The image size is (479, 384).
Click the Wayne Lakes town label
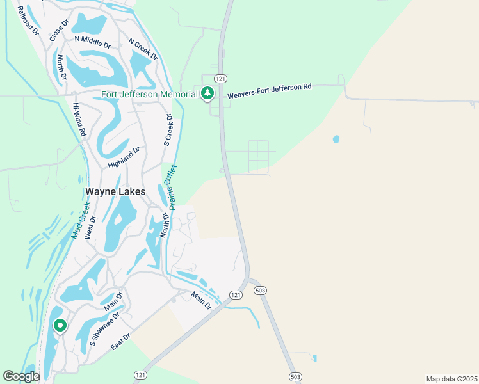point(115,191)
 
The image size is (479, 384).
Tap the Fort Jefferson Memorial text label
point(149,95)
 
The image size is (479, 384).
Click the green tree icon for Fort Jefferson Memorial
point(207,93)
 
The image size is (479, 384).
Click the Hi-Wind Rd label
point(79,119)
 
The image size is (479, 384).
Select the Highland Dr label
point(124,157)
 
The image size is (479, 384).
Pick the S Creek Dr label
point(169,130)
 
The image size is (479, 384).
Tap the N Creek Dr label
point(143,49)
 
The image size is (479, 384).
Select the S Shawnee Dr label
point(104,331)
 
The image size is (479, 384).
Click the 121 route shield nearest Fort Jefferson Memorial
point(220,78)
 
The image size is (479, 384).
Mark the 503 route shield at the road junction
point(259,291)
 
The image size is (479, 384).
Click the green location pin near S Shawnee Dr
point(60,326)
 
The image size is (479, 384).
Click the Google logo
point(21,376)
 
